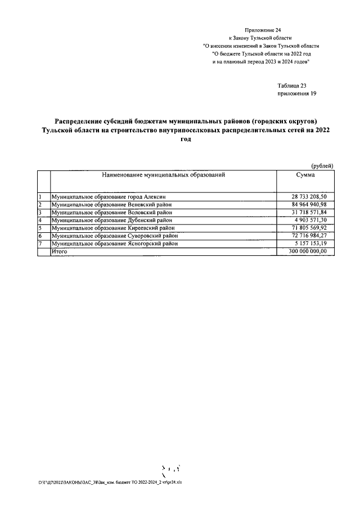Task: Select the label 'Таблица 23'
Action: click(x=292, y=85)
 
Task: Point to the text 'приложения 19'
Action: click(x=297, y=93)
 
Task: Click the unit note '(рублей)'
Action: click(x=322, y=165)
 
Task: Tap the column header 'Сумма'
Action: click(x=305, y=175)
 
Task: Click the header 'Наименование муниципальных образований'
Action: click(x=164, y=175)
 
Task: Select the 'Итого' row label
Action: click(x=59, y=253)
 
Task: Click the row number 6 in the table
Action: click(x=40, y=237)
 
